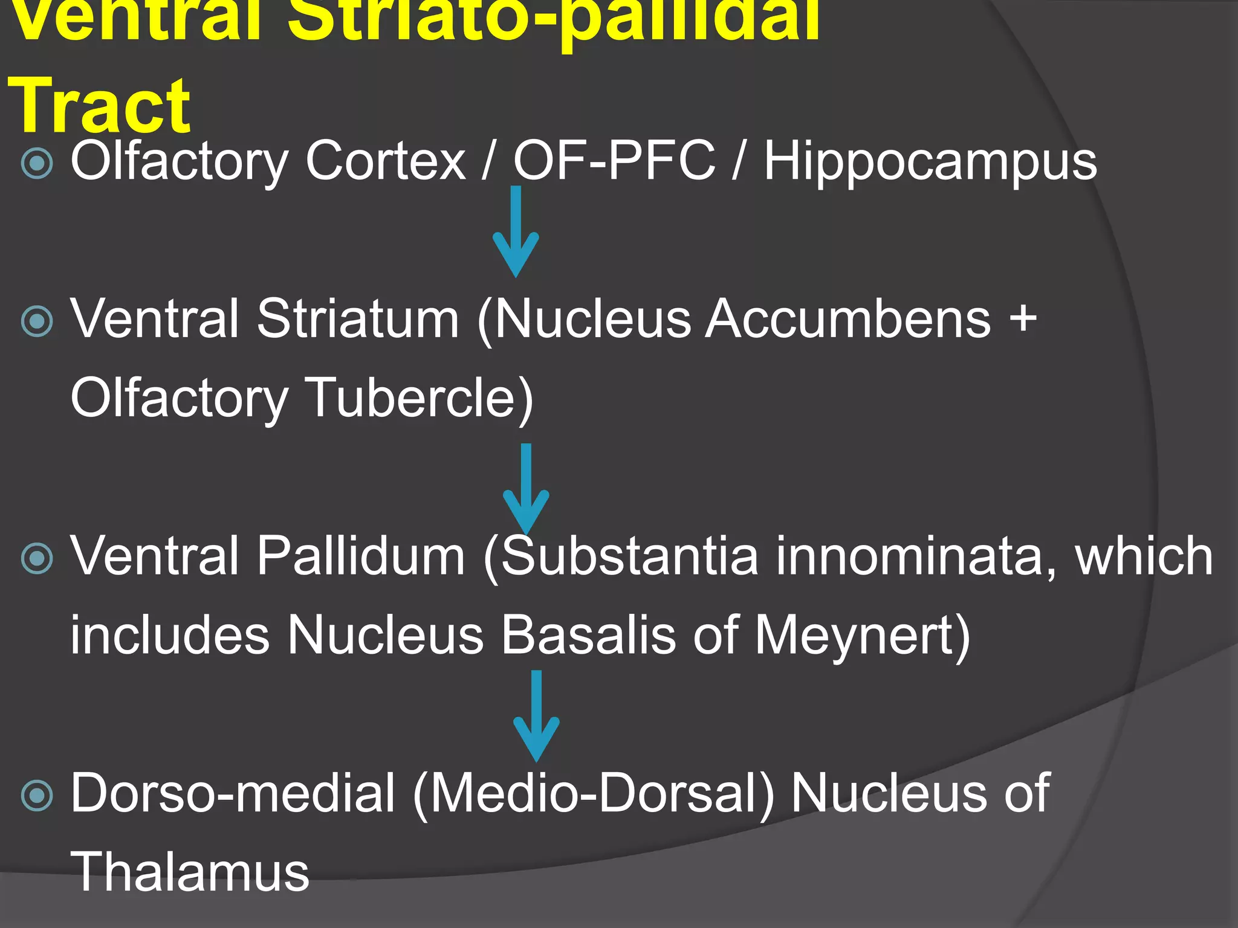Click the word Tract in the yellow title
(x=100, y=106)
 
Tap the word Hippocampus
(x=930, y=162)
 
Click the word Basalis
(x=588, y=636)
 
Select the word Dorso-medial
(x=233, y=793)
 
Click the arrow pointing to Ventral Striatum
(x=516, y=233)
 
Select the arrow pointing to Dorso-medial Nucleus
(x=536, y=716)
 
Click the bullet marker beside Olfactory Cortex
(x=37, y=163)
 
